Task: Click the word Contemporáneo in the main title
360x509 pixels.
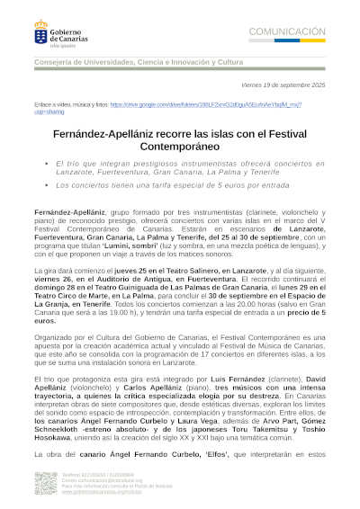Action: point(179,142)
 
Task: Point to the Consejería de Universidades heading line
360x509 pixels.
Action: point(137,62)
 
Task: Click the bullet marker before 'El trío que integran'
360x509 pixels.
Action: point(46,163)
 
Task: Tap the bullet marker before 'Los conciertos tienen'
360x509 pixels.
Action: point(46,184)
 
